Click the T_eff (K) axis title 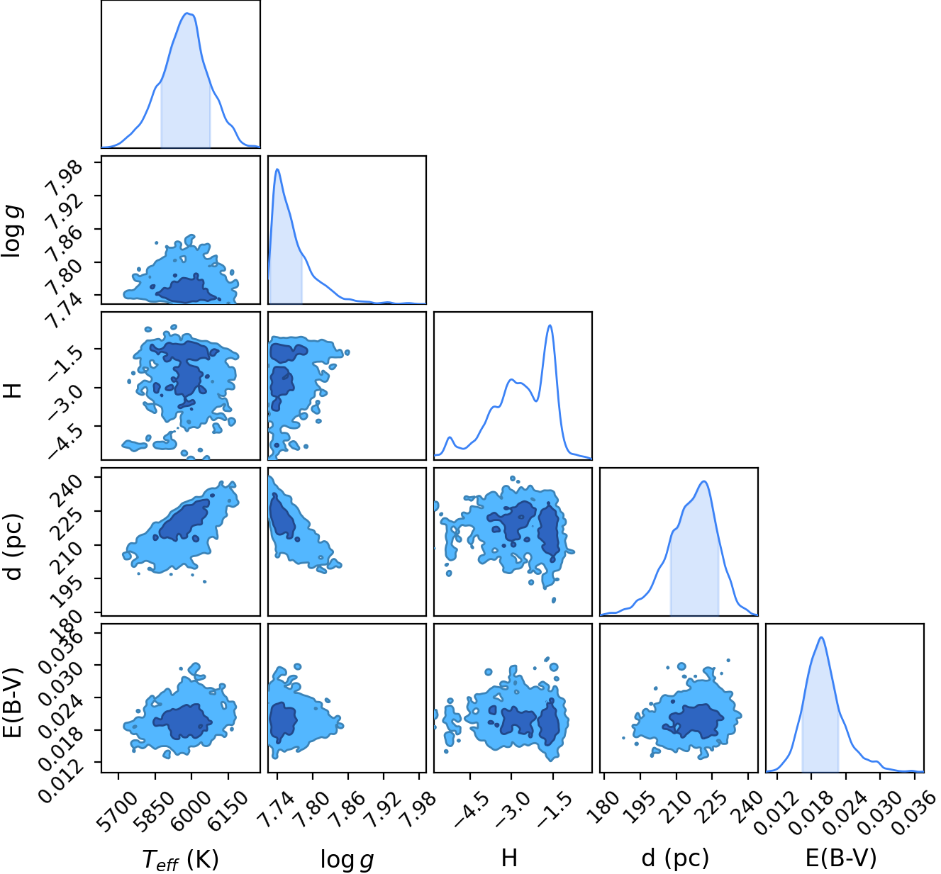tap(181, 859)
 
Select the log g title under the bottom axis tap(347, 859)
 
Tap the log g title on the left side tap(12, 231)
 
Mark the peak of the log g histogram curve tap(278, 169)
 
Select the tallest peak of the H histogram tap(550, 325)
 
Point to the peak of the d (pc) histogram tap(704, 481)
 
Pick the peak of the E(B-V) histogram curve tap(821, 637)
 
